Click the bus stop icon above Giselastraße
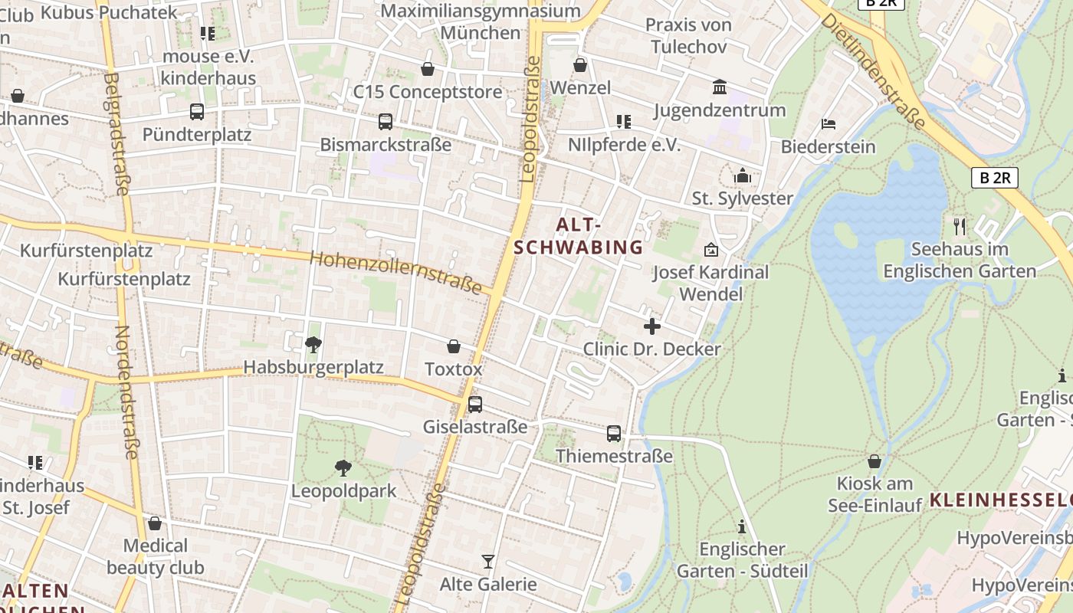(475, 404)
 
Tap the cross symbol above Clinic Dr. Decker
(652, 327)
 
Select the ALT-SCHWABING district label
(579, 236)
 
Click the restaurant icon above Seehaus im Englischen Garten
(959, 226)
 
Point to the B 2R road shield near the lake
(994, 178)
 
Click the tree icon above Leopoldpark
(343, 467)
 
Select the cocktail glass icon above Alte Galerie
(488, 562)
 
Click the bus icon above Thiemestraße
(614, 434)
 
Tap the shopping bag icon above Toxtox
(454, 346)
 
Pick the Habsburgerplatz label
(313, 368)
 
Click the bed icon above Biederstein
(828, 123)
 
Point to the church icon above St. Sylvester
(742, 176)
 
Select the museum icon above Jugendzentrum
(720, 87)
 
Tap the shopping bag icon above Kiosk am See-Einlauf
(874, 461)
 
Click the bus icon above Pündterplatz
(197, 112)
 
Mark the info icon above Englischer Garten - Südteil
(741, 526)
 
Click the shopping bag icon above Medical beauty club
(155, 523)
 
